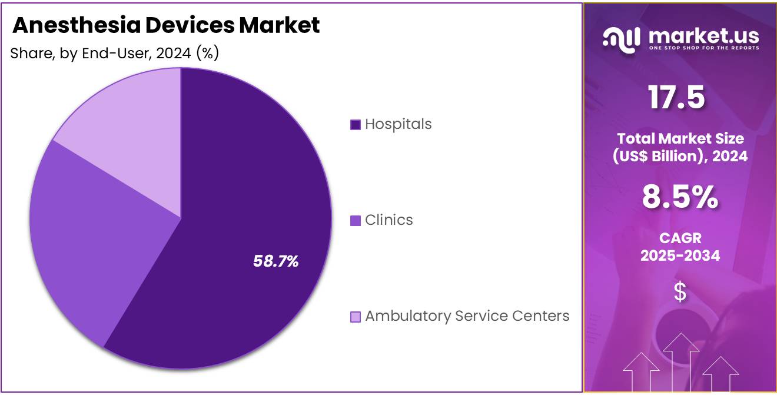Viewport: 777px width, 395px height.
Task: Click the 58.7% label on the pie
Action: click(x=275, y=261)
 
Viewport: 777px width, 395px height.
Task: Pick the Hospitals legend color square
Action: click(x=355, y=125)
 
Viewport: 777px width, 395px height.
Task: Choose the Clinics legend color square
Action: click(x=355, y=221)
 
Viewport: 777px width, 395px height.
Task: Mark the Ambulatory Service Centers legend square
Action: click(x=355, y=317)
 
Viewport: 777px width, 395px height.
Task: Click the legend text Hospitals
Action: click(x=398, y=124)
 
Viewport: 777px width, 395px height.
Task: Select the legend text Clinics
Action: click(x=388, y=220)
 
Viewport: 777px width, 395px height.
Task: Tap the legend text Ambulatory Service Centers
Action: click(x=467, y=316)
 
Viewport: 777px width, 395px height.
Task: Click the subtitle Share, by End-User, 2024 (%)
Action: click(x=115, y=54)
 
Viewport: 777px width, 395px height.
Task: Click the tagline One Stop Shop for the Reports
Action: click(x=703, y=48)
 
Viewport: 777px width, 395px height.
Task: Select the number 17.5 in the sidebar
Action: click(x=677, y=97)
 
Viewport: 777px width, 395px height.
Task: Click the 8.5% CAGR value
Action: click(x=680, y=198)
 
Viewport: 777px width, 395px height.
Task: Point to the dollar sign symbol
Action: click(x=680, y=292)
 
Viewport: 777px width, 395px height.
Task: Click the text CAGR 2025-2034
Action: click(x=680, y=247)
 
